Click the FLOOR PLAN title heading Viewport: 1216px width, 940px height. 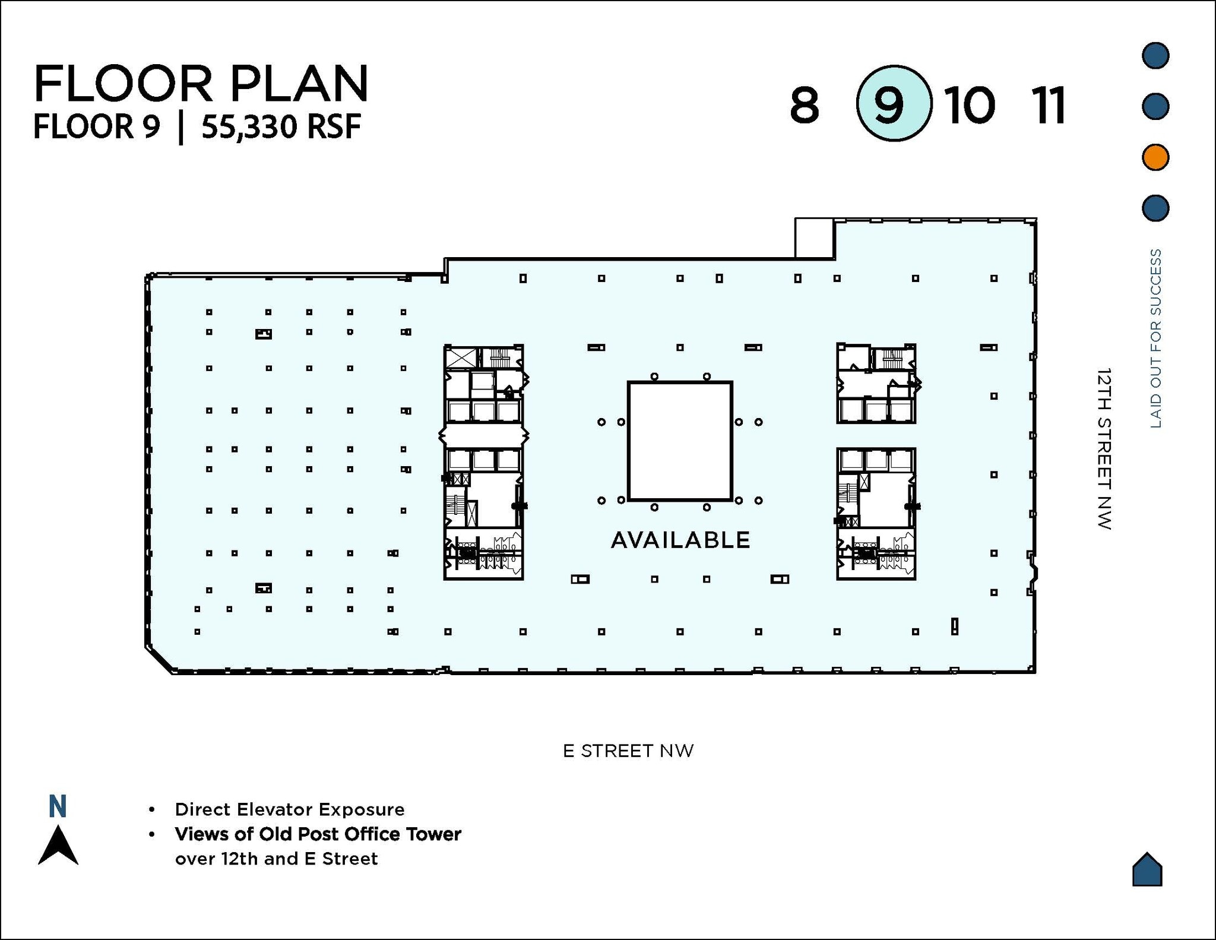pos(201,84)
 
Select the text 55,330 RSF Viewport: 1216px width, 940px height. pos(281,127)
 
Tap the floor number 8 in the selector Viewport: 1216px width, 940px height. pos(804,106)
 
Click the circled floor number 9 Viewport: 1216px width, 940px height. pos(894,104)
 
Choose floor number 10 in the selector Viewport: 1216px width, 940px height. pos(970,106)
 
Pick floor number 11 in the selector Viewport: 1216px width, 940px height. pos(1050,106)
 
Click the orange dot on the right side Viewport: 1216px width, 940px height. pos(1155,157)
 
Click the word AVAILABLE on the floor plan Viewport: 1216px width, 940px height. pos(680,540)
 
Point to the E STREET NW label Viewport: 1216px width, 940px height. pos(628,751)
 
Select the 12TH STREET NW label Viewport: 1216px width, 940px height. pos(1104,448)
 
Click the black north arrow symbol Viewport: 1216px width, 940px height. pos(58,846)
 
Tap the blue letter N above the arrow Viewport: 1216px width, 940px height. pos(58,807)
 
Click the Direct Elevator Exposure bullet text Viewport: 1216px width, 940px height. pos(289,809)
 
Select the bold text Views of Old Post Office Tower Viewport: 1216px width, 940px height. pos(318,834)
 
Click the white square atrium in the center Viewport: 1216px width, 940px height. pos(680,441)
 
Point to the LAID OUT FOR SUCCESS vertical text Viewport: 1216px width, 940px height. pos(1155,338)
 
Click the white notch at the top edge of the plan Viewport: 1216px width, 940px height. pos(814,238)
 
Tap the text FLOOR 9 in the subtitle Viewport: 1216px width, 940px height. pos(97,127)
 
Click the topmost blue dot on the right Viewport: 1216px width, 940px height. pos(1155,55)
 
